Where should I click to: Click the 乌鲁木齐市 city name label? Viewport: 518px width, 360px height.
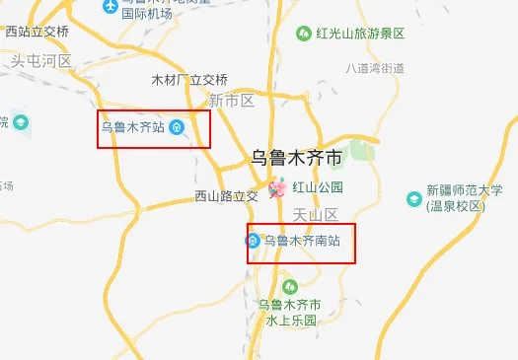tap(300, 156)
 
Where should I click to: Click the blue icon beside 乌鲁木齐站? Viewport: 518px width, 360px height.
tap(176, 126)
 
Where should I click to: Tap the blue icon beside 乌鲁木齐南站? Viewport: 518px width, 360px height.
tap(254, 241)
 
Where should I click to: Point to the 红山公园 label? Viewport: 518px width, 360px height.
tap(324, 186)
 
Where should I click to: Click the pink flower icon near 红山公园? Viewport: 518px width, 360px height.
tap(278, 187)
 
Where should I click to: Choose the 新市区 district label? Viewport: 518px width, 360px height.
tap(232, 101)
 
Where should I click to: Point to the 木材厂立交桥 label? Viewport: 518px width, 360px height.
tap(189, 79)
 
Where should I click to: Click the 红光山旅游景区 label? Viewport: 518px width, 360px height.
tap(360, 34)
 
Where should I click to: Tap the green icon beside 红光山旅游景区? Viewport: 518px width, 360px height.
tap(305, 34)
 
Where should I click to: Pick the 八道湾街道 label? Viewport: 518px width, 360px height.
tap(376, 68)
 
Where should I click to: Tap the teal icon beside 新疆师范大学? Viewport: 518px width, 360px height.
tap(412, 198)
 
